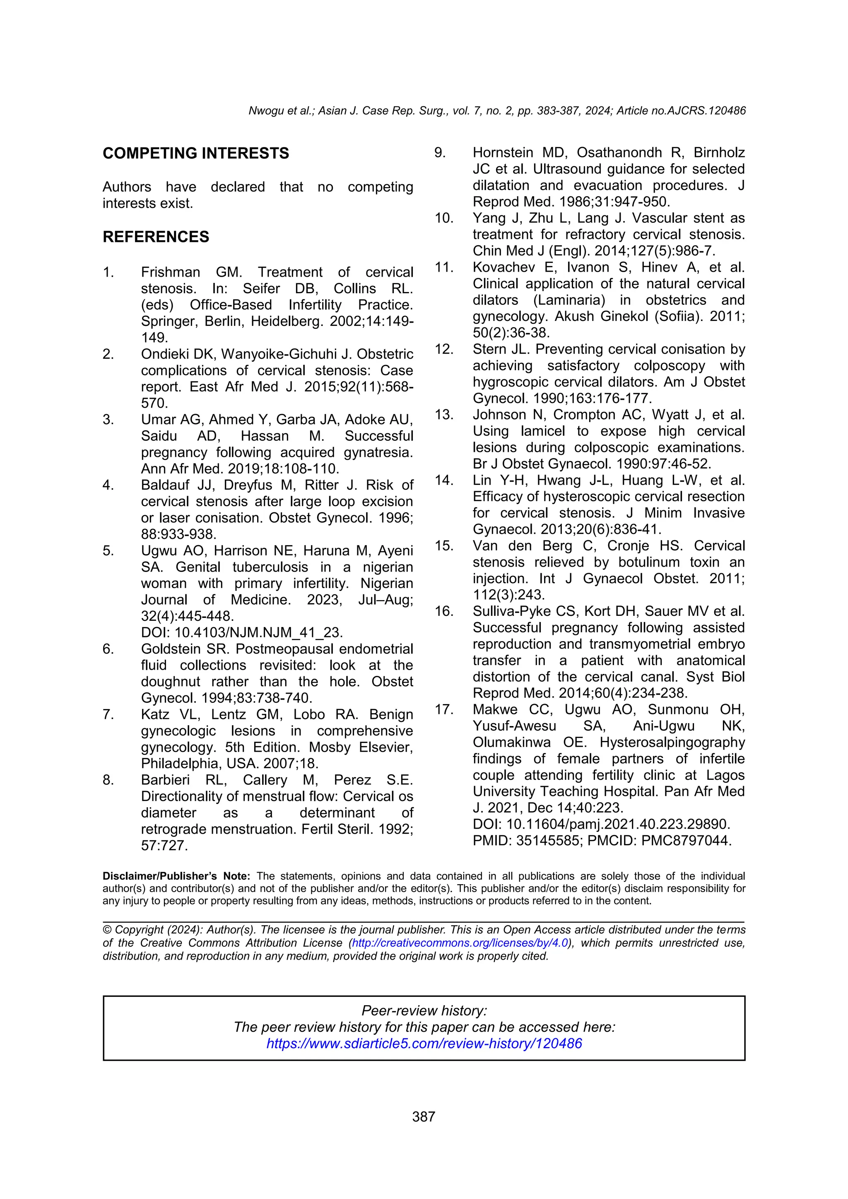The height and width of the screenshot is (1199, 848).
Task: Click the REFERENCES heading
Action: [x=156, y=236]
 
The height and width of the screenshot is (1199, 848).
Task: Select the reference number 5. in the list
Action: [x=108, y=550]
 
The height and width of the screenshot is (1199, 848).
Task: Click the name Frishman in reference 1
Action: [x=170, y=272]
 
